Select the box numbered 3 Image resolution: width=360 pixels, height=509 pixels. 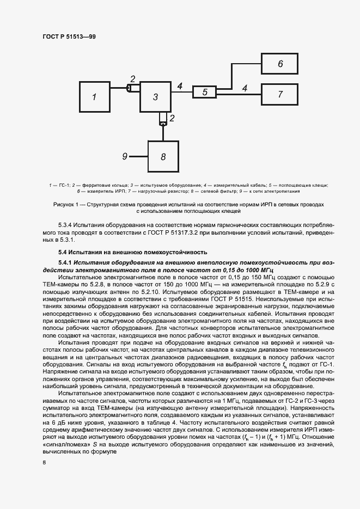coord(155,97)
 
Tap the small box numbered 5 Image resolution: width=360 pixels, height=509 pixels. coord(205,93)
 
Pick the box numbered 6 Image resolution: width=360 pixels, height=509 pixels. coord(280,64)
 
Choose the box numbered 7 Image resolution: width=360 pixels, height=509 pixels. coord(280,94)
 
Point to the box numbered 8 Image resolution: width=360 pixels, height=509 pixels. coord(163,156)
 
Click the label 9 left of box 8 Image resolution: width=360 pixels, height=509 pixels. coord(125,156)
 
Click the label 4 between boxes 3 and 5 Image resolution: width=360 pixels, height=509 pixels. coord(180,85)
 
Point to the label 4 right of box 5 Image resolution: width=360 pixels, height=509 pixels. coord(245,87)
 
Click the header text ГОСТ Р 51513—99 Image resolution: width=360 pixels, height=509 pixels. coord(69,36)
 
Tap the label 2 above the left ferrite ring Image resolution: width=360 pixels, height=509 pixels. coord(132,79)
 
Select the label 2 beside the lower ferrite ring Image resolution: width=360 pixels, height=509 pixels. coord(172,118)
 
